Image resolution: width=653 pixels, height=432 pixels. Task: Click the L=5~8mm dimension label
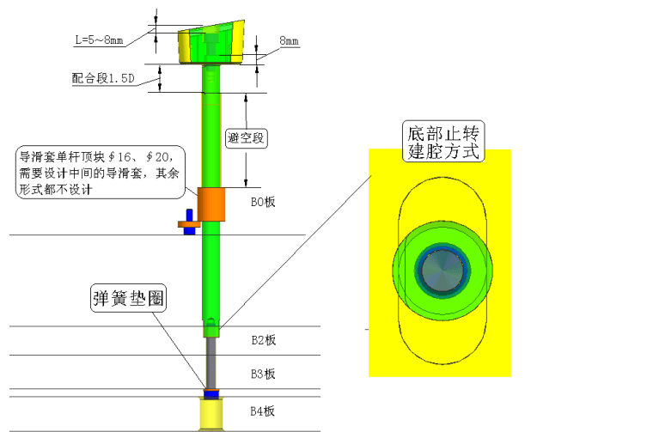click(x=99, y=40)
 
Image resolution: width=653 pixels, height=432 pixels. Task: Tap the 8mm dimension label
click(x=289, y=40)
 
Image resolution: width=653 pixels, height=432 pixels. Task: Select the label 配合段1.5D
click(x=103, y=78)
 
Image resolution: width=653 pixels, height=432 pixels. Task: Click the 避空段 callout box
click(x=246, y=138)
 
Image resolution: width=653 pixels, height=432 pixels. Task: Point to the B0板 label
click(x=263, y=202)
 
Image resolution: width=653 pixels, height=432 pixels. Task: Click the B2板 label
click(x=263, y=340)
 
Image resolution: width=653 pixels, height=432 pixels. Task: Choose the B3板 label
click(x=263, y=374)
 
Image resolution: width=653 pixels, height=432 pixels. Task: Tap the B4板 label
click(x=262, y=411)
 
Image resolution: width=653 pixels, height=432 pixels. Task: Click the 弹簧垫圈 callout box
click(x=128, y=298)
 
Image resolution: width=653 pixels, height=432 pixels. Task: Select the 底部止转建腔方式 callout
click(x=443, y=142)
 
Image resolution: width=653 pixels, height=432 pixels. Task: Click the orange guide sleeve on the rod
click(x=211, y=204)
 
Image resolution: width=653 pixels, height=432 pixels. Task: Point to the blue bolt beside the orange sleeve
click(x=190, y=222)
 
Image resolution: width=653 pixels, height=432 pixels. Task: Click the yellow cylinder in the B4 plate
click(x=211, y=414)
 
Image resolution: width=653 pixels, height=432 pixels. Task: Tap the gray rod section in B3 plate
click(x=211, y=362)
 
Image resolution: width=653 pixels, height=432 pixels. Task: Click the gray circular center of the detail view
click(x=442, y=271)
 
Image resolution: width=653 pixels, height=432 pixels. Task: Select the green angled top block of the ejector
click(x=211, y=42)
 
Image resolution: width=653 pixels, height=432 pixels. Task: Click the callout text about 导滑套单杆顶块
click(x=100, y=173)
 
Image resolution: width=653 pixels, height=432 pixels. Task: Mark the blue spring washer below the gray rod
click(x=211, y=393)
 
